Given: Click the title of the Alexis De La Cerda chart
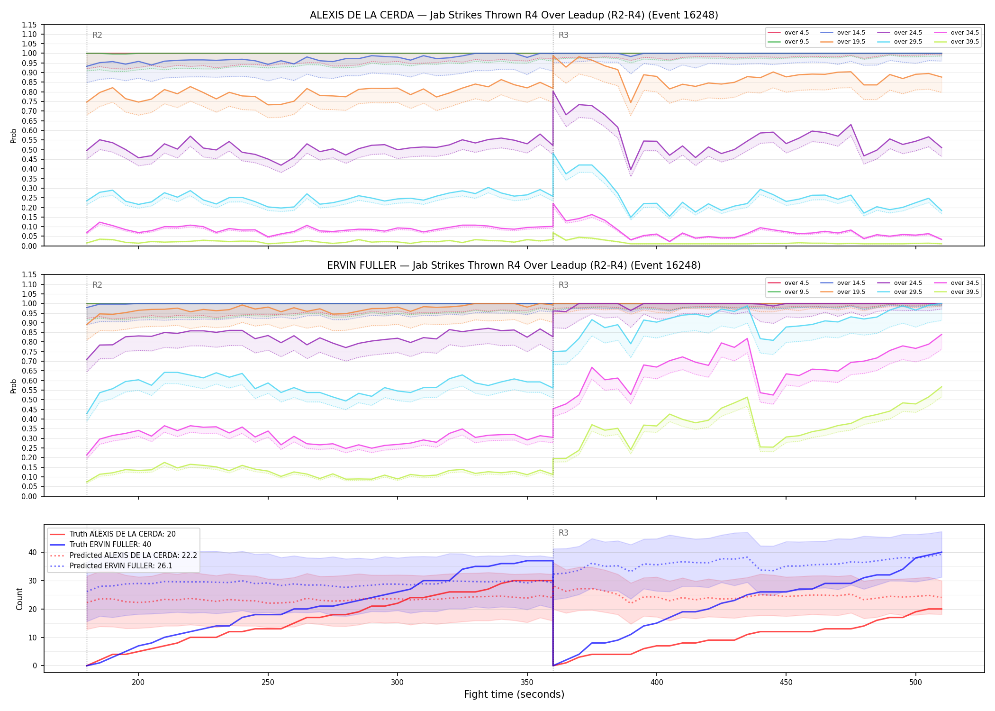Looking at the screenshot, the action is pyautogui.click(x=514, y=15).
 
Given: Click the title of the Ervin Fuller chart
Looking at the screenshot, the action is pyautogui.click(x=514, y=265).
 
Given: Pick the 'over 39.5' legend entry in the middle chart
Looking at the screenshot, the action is pyautogui.click(x=957, y=292).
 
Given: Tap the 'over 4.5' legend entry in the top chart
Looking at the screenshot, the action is pyautogui.click(x=788, y=33).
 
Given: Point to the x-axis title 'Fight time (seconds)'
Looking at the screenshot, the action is pyautogui.click(x=514, y=694).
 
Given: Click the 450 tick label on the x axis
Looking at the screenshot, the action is pyautogui.click(x=786, y=682).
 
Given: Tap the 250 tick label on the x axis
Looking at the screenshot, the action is pyautogui.click(x=268, y=682).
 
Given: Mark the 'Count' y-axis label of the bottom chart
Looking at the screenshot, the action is pyautogui.click(x=19, y=599).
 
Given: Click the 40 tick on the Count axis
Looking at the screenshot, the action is pyautogui.click(x=33, y=552).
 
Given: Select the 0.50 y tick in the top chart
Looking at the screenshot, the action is pyautogui.click(x=29, y=150).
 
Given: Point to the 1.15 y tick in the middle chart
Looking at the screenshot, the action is pyautogui.click(x=29, y=275).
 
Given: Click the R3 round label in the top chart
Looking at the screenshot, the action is pyautogui.click(x=563, y=35).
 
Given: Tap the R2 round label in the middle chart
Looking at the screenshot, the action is pyautogui.click(x=97, y=285).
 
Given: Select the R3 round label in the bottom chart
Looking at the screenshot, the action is pyautogui.click(x=563, y=533).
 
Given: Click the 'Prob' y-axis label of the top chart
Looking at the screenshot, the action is pyautogui.click(x=13, y=136).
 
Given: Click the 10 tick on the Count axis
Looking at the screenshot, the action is pyautogui.click(x=33, y=638).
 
